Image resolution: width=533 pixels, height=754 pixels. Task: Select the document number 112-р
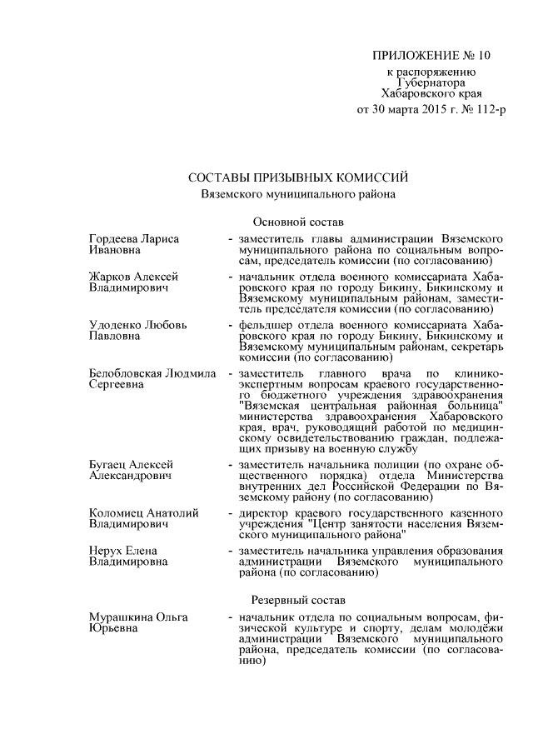pos(486,109)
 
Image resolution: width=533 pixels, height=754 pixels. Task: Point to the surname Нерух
pos(105,550)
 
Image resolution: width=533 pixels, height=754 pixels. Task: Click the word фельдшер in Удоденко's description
pos(262,323)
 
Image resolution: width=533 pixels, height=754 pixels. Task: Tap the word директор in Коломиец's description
pos(262,512)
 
